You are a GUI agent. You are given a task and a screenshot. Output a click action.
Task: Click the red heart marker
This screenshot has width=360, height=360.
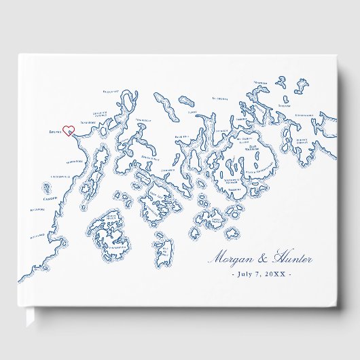coord(68,129)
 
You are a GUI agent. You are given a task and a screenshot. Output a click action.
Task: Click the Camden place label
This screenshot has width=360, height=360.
coord(47,199)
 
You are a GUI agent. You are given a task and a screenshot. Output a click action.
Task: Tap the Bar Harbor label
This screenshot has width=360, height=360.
coord(254,147)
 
